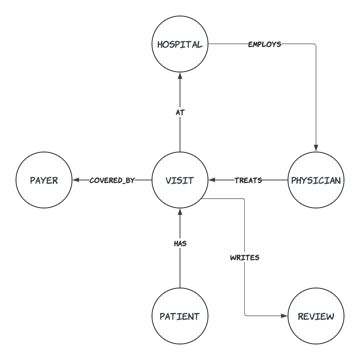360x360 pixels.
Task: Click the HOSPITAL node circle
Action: pyautogui.click(x=180, y=44)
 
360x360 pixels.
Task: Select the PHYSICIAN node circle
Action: pyautogui.click(x=316, y=180)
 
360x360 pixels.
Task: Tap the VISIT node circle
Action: pyautogui.click(x=180, y=180)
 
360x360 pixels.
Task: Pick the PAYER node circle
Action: pyautogui.click(x=44, y=180)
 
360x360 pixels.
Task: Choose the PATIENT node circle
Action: pyautogui.click(x=180, y=316)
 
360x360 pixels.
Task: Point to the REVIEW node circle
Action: pyautogui.click(x=316, y=316)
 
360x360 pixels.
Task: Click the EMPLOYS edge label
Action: pyautogui.click(x=264, y=44)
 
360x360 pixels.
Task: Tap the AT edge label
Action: pyautogui.click(x=180, y=113)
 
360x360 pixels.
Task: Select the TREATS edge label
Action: pyautogui.click(x=248, y=180)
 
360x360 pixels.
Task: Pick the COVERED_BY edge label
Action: pyautogui.click(x=112, y=180)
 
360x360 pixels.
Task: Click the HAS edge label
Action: pyautogui.click(x=180, y=243)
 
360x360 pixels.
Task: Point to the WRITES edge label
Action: pyautogui.click(x=244, y=258)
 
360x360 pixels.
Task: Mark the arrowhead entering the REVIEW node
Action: pyautogui.click(x=285, y=316)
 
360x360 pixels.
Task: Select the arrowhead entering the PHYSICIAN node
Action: pyautogui.click(x=316, y=149)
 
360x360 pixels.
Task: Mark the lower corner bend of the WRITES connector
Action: pyautogui.click(x=244, y=316)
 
